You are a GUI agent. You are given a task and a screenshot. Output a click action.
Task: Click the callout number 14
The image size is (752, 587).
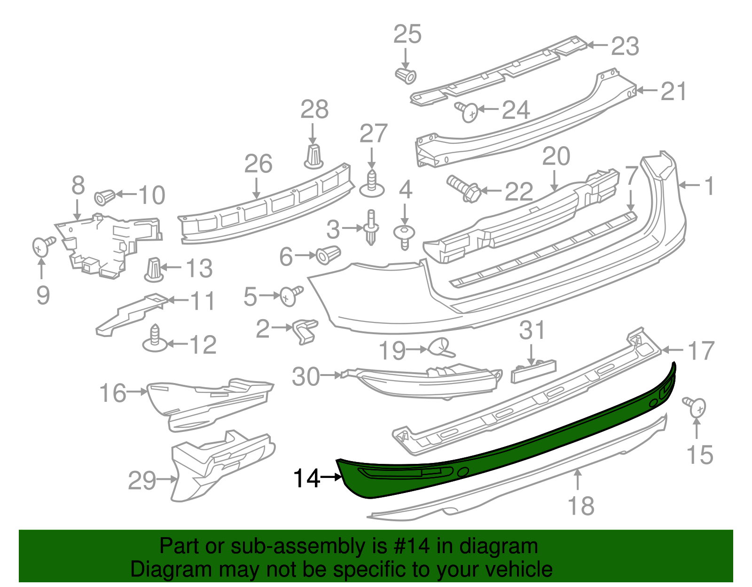coord(306,478)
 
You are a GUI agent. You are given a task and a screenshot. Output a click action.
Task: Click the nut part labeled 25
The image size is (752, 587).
coord(406,75)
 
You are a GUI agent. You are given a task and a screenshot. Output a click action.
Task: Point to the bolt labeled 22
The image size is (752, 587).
coord(463,188)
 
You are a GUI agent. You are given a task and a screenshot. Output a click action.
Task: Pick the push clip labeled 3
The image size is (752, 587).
coord(371,227)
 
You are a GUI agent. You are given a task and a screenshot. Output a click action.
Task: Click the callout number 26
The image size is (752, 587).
coord(258,164)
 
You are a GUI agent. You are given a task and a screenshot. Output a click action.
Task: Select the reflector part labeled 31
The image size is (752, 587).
coord(533,371)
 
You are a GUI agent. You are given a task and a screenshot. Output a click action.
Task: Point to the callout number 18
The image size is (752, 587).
coord(581,506)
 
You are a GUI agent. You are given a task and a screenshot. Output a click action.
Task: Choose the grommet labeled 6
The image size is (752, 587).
coord(328,254)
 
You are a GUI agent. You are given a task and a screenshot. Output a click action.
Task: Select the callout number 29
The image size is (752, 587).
coord(142,481)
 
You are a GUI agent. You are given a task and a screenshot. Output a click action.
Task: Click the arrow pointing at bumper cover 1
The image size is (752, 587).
coord(689,186)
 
